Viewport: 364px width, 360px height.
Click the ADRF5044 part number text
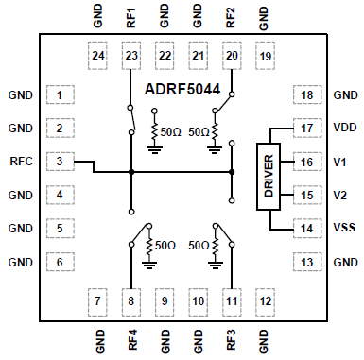tap(182, 92)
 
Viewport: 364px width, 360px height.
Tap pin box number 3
tap(61, 162)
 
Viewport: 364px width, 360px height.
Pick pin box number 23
tap(131, 57)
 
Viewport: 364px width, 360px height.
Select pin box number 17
tap(306, 129)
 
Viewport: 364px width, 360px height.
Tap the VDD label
tap(344, 129)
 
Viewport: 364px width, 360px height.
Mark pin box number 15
tap(306, 195)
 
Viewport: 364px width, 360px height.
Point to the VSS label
tap(344, 228)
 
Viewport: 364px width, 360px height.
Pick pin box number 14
tap(306, 228)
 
